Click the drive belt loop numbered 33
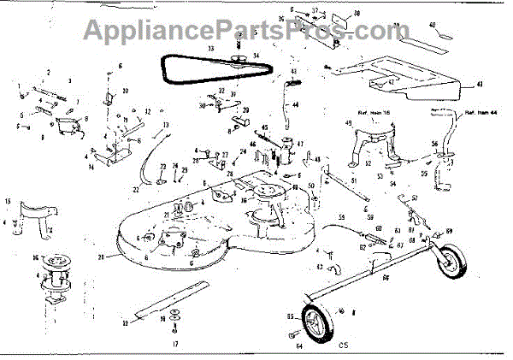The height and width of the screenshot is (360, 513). (184, 67)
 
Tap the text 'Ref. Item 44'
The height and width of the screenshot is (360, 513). (483, 114)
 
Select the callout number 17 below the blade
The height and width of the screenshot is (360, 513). (175, 344)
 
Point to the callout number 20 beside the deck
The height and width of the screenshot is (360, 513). (101, 257)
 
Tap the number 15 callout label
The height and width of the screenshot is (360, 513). (9, 202)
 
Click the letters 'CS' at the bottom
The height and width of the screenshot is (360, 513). (343, 345)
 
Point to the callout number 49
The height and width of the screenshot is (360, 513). (349, 124)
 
